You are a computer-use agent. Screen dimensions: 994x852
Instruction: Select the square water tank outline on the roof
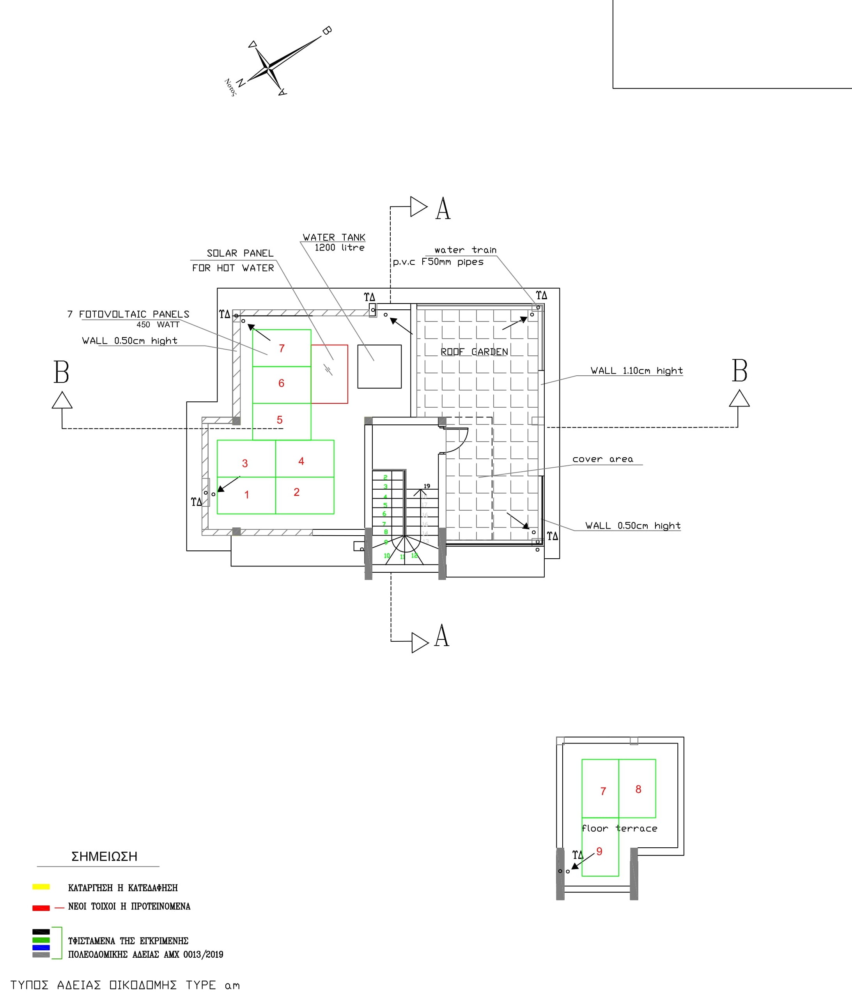click(379, 367)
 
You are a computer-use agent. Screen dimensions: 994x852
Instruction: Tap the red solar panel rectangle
click(330, 374)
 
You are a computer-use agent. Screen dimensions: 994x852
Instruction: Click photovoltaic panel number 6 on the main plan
click(282, 383)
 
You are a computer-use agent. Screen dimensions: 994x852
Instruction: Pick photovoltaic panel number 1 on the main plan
click(246, 495)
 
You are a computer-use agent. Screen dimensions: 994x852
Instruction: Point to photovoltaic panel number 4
click(305, 459)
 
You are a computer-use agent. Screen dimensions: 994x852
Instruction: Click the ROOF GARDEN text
click(474, 351)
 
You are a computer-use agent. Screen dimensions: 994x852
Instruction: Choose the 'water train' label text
click(465, 250)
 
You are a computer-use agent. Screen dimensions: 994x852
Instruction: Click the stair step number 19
click(427, 486)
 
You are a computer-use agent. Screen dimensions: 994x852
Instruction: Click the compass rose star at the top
click(269, 67)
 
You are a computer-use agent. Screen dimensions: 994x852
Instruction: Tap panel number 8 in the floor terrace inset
click(638, 789)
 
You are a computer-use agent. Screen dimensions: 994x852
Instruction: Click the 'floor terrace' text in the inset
click(619, 829)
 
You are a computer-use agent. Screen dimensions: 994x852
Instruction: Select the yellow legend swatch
click(41, 887)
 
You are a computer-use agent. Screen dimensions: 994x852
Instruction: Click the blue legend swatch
click(41, 948)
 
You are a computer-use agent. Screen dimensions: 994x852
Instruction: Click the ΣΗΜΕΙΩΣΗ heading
click(104, 856)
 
